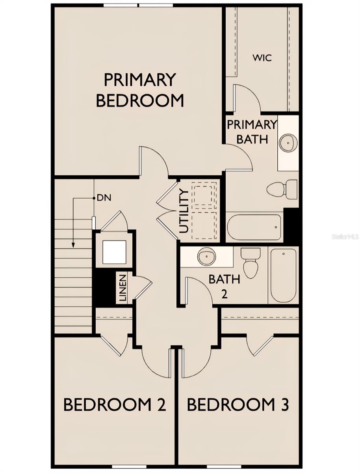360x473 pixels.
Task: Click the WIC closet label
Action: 262,58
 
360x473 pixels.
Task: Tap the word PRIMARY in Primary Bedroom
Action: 139,80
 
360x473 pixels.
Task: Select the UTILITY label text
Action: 184,211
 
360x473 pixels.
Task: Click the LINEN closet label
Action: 122,287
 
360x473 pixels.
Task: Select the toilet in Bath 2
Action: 251,263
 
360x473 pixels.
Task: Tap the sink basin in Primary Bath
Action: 288,142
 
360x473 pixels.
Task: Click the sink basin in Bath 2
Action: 207,257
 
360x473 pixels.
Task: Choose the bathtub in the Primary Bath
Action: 254,227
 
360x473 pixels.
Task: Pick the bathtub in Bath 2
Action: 283,275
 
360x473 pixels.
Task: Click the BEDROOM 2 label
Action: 114,405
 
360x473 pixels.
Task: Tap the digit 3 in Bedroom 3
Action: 284,405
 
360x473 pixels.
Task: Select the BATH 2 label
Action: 224,285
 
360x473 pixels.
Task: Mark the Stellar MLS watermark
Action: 345,237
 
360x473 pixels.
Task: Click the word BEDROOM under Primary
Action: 140,101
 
